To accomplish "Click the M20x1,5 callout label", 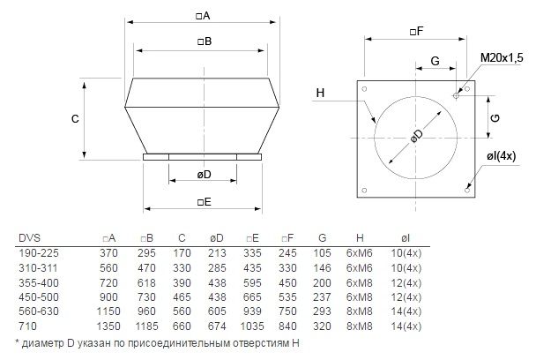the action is pos(502,57).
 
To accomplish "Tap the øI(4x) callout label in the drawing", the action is pos(501,156).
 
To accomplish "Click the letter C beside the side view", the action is pos(75,119).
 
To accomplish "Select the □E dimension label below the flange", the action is pos(204,201).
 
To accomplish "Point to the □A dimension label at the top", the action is pos(203,16).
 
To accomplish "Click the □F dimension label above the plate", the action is pos(416,32).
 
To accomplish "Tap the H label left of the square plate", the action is pos(320,93).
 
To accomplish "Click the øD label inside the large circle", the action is pos(417,136).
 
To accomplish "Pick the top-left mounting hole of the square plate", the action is pos(364,89).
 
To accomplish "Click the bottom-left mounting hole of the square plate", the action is pos(364,191).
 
